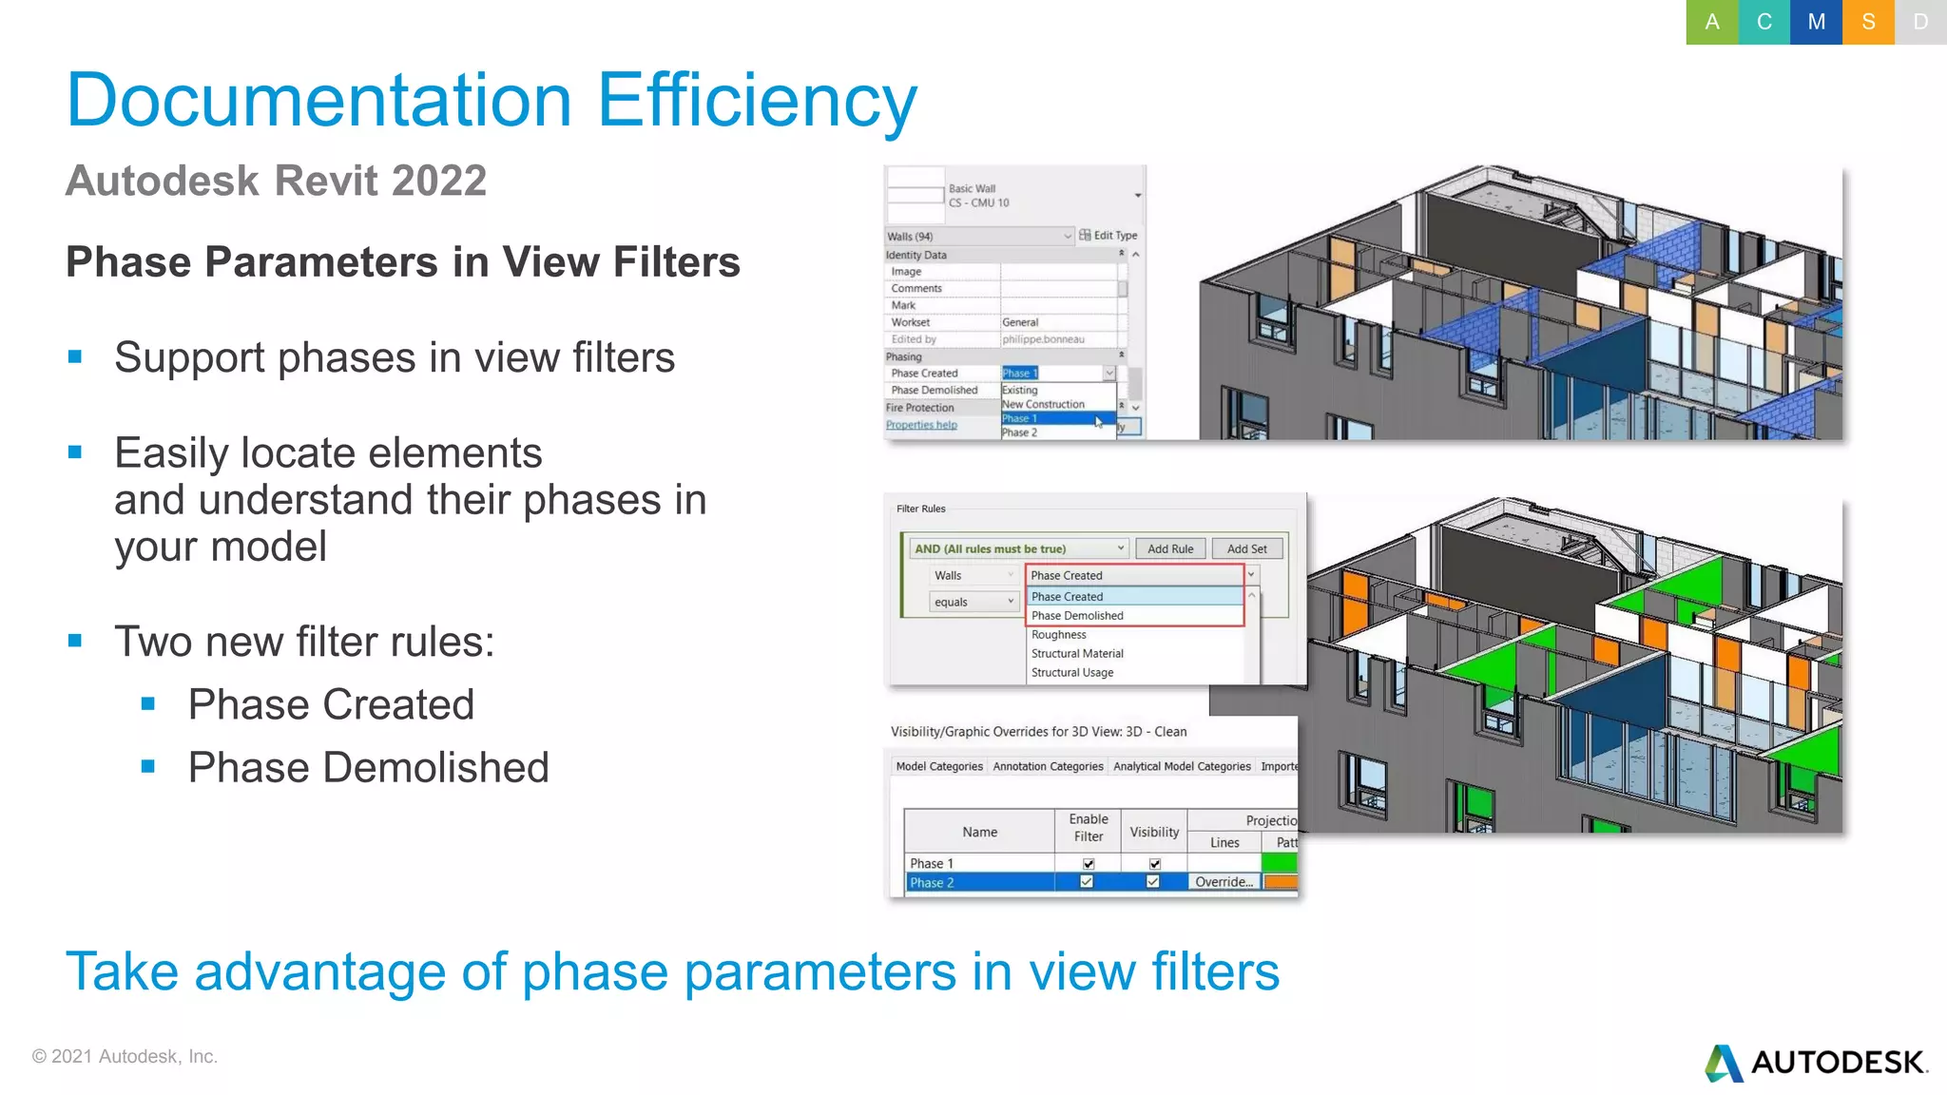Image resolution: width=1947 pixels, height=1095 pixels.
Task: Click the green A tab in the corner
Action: coord(1711,22)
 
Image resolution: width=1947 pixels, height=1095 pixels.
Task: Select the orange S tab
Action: coord(1868,22)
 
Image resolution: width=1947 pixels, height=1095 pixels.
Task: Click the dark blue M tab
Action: coord(1816,22)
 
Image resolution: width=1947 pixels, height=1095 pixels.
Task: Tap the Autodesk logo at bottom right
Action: coord(1816,1062)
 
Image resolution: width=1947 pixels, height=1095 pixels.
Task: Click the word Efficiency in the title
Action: coord(757,100)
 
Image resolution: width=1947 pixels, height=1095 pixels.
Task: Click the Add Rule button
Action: coord(1169,548)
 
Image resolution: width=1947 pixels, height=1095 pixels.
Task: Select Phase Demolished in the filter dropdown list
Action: coord(1077,616)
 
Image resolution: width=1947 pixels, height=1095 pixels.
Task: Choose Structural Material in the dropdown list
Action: coord(1077,654)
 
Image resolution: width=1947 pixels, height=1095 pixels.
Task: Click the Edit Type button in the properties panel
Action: coord(1108,235)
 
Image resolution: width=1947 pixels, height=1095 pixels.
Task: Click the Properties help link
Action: coord(921,425)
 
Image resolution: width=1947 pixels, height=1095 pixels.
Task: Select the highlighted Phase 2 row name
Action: coord(932,882)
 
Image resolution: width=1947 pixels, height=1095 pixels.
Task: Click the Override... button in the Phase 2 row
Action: coord(1224,882)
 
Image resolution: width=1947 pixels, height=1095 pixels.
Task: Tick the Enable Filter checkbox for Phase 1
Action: coord(1089,863)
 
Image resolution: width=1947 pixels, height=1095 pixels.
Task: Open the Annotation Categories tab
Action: coord(1048,766)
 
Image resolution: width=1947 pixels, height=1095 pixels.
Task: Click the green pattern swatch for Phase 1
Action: coord(1279,863)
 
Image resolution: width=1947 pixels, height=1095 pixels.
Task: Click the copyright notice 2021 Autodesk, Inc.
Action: coord(125,1056)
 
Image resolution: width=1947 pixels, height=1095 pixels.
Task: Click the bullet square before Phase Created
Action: coord(148,704)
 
